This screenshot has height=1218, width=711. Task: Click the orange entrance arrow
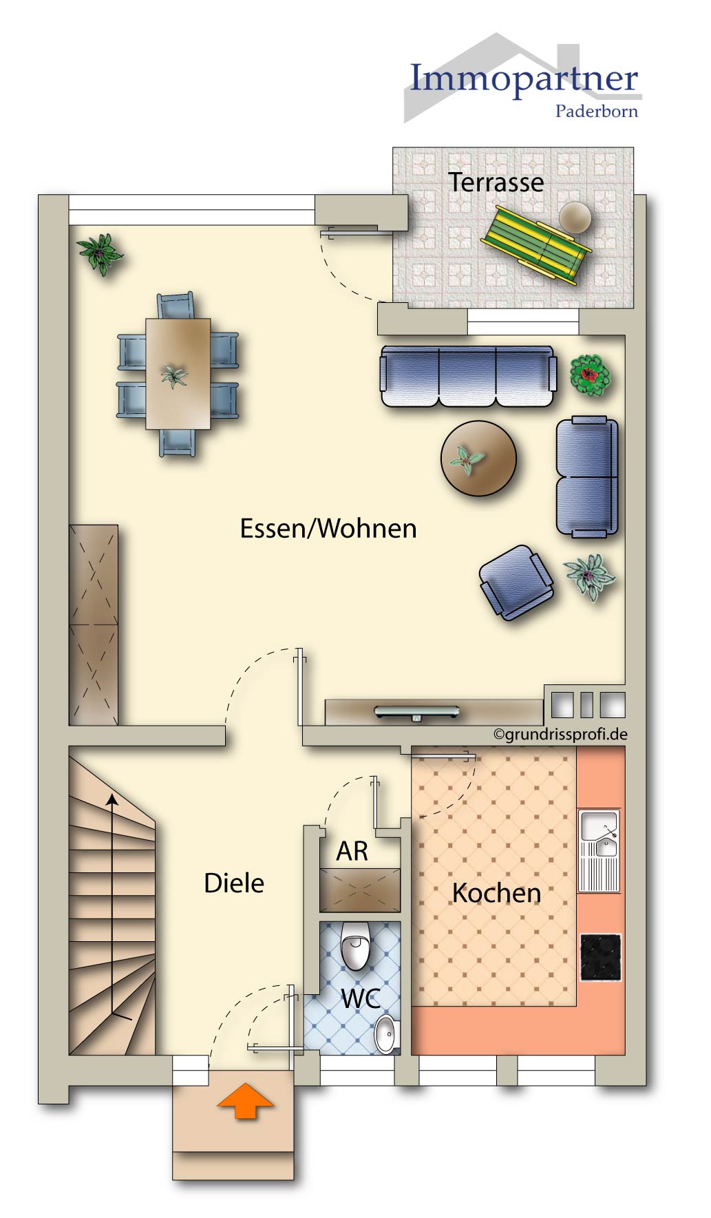(x=245, y=1100)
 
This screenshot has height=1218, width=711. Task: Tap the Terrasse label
(x=496, y=182)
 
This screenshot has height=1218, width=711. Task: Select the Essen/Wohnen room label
(x=328, y=529)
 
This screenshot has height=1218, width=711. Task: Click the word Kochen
(x=496, y=893)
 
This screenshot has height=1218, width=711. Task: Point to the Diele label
(x=234, y=883)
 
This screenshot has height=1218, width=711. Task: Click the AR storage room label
(x=352, y=852)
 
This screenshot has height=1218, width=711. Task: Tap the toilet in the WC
(x=356, y=945)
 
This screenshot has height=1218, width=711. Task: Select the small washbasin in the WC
(x=386, y=1033)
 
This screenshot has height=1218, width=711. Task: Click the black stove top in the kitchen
(x=600, y=957)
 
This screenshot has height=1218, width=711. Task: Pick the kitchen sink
(x=599, y=834)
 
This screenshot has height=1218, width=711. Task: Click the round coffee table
(x=478, y=459)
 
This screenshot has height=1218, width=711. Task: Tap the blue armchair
(x=516, y=582)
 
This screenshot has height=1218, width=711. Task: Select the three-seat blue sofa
(x=468, y=377)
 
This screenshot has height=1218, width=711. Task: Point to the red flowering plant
(x=590, y=375)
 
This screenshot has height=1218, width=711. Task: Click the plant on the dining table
(x=173, y=376)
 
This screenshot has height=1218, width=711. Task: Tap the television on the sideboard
(x=417, y=712)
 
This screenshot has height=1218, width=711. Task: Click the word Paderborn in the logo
(x=596, y=112)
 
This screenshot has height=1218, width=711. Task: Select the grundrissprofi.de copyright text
(x=560, y=734)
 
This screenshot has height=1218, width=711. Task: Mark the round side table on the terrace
(x=575, y=218)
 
